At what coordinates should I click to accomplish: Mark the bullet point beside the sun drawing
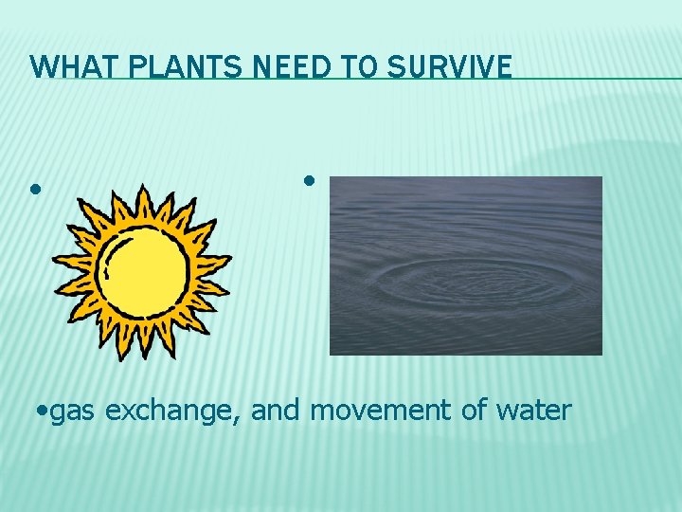[35, 189]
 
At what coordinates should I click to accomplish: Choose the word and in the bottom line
[277, 411]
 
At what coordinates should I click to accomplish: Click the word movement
[380, 411]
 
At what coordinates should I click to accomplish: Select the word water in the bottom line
[536, 411]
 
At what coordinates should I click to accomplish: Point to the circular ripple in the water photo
[474, 280]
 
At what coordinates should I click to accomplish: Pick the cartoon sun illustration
[142, 270]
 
